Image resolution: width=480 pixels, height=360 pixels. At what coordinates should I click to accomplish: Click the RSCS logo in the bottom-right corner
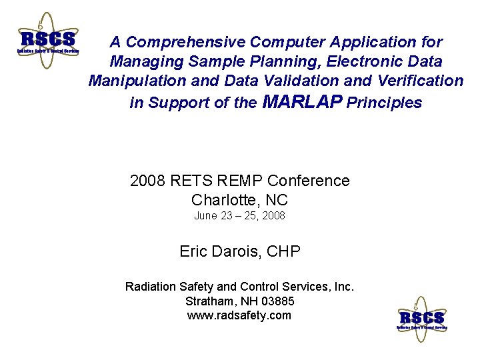(422, 319)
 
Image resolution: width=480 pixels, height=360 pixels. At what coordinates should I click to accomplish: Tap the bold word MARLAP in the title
(303, 102)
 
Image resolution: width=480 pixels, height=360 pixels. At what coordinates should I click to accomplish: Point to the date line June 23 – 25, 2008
(239, 215)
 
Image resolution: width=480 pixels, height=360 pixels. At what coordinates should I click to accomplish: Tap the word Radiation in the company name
(151, 287)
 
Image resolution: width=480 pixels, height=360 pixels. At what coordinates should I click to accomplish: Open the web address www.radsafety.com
(239, 315)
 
